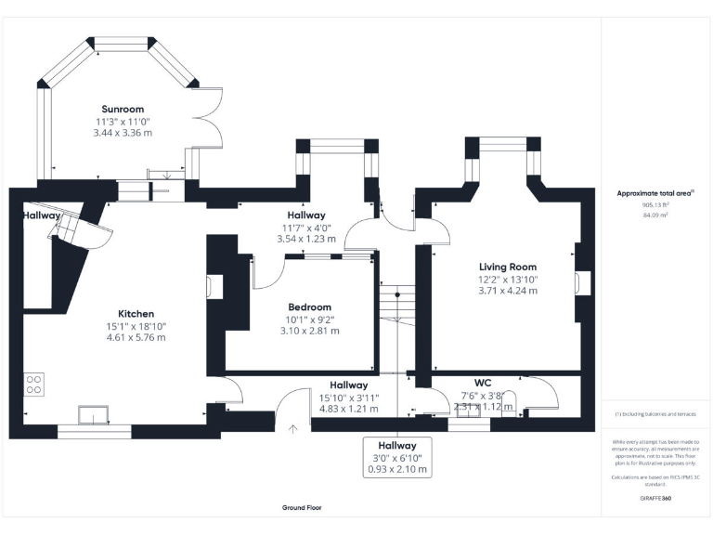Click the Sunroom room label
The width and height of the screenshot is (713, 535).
click(x=123, y=109)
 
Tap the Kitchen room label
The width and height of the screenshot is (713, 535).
click(x=136, y=314)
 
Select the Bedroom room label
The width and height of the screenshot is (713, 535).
click(x=309, y=307)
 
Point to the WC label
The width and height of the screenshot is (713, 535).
click(x=482, y=383)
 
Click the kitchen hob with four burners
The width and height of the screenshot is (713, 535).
click(x=35, y=383)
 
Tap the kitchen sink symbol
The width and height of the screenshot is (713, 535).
click(x=93, y=414)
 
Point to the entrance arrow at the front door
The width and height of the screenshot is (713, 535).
click(x=294, y=428)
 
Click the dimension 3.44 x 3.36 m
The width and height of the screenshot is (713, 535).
click(x=123, y=133)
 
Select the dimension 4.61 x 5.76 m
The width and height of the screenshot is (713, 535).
click(x=136, y=338)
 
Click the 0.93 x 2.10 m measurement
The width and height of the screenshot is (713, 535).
click(x=397, y=469)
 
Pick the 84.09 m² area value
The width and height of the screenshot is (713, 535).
click(x=655, y=215)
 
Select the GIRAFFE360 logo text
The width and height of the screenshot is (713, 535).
click(x=655, y=498)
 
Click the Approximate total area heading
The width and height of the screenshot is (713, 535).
click(x=655, y=193)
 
